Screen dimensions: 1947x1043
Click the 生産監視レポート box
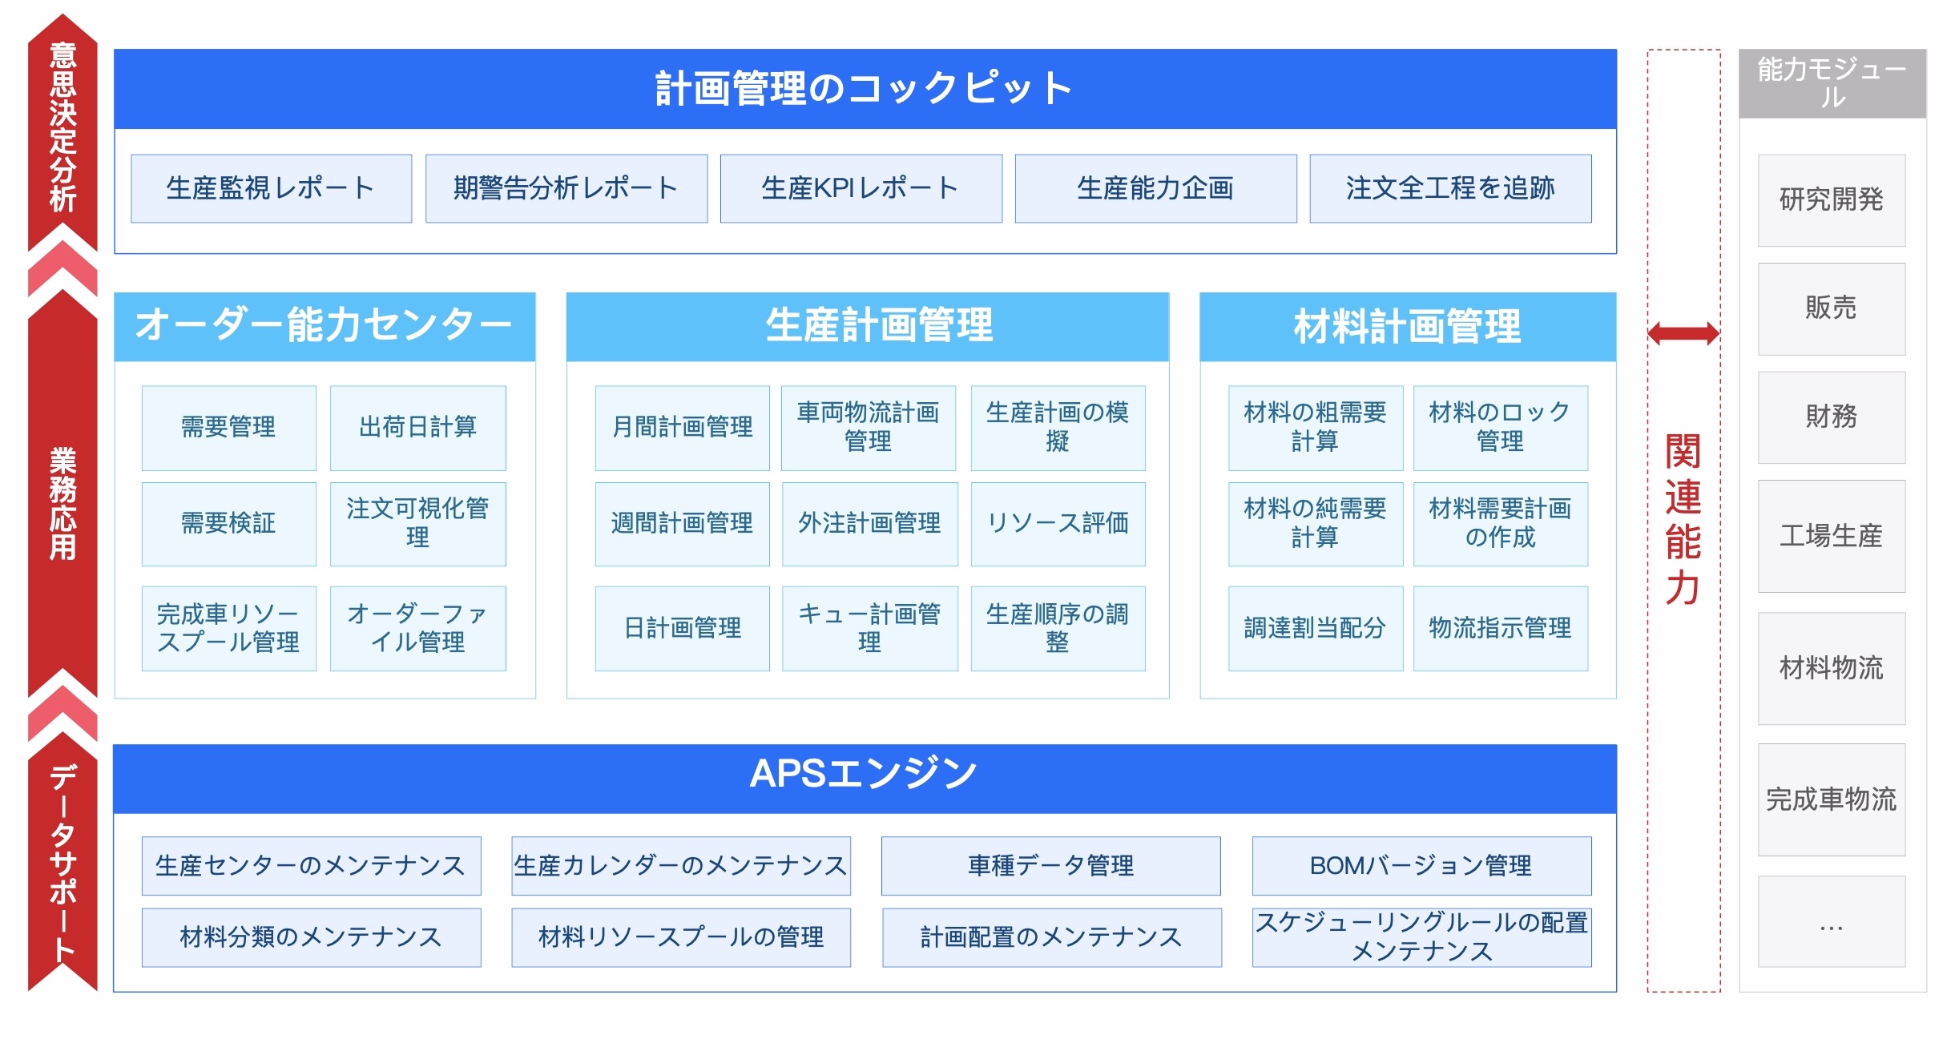[272, 188]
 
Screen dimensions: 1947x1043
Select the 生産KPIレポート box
[861, 188]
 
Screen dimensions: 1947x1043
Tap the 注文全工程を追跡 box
[1451, 188]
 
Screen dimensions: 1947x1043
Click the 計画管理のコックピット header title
[865, 88]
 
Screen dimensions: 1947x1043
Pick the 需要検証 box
[229, 524]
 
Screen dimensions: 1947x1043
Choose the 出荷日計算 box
[418, 428]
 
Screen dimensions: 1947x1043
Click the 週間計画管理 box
[683, 524]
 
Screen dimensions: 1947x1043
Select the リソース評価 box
[1058, 524]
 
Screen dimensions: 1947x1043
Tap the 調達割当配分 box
[1316, 628]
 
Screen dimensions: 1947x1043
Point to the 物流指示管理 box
[1501, 628]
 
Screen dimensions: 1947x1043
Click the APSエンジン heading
[865, 774]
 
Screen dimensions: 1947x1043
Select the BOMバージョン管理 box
[1422, 866]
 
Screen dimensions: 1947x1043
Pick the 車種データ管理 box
[1051, 866]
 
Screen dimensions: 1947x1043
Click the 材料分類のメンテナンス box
[312, 937]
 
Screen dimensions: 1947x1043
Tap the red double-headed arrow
[1684, 333]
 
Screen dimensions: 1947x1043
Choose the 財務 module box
[1832, 417]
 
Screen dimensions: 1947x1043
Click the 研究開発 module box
[1832, 200]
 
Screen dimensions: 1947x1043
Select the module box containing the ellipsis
[1832, 921]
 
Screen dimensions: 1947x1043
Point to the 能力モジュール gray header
[1832, 83]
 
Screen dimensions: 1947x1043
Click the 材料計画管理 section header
[1408, 327]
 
